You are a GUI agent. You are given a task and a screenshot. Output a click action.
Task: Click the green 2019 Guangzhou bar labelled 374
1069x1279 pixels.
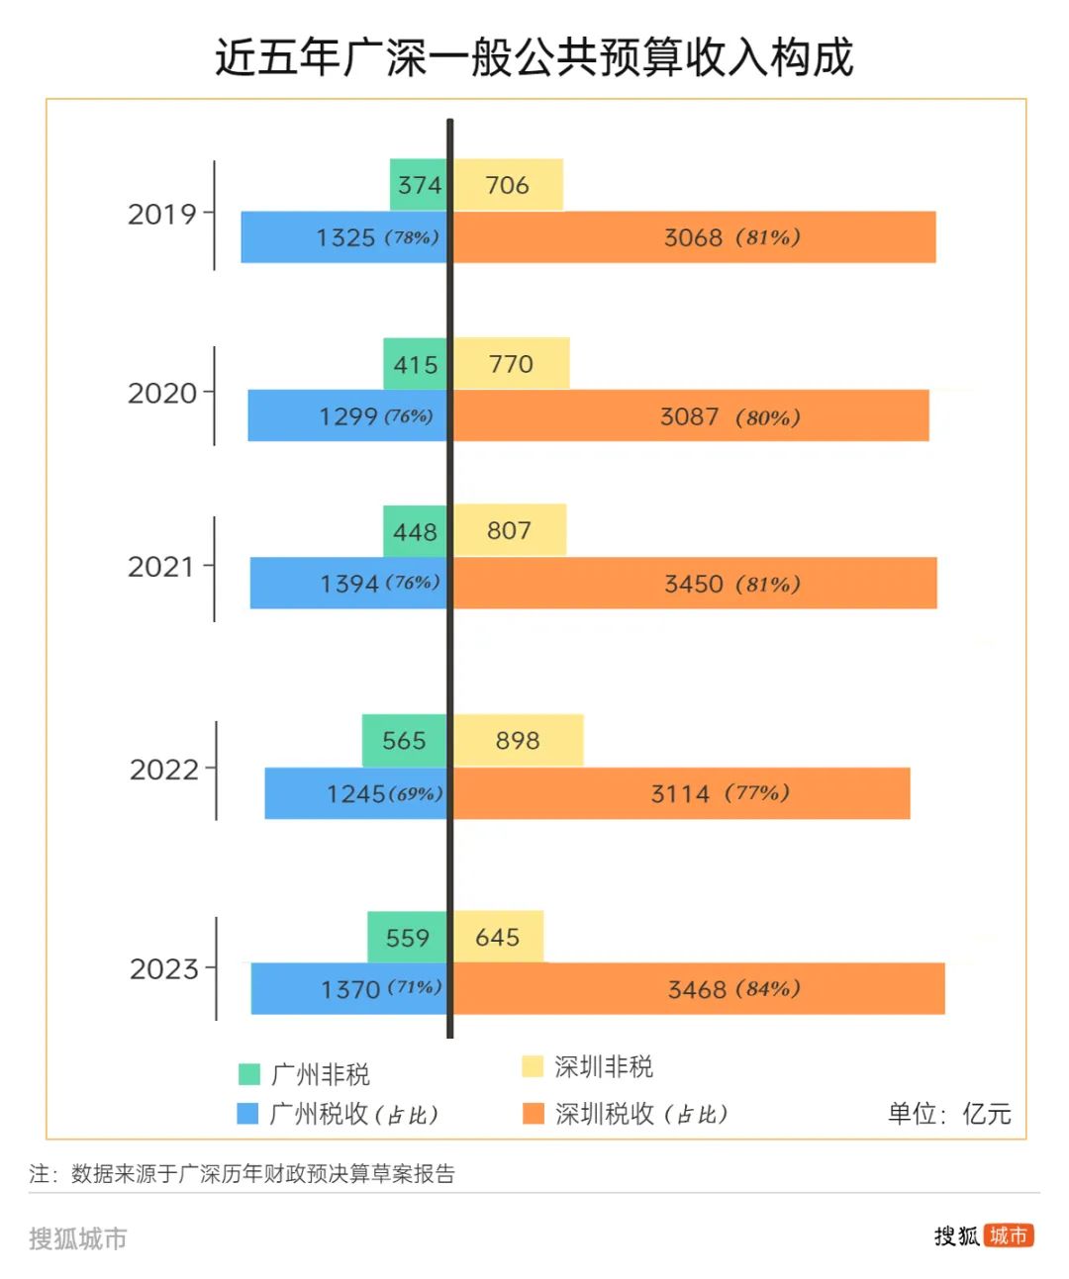419,185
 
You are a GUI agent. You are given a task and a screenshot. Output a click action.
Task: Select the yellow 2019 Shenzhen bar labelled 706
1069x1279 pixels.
508,185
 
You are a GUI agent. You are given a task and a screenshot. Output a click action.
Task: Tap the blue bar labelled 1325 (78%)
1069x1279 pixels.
344,237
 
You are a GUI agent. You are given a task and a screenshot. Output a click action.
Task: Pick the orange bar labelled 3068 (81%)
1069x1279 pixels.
694,237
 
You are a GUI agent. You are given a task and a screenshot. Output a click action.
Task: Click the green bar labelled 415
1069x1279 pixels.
416,364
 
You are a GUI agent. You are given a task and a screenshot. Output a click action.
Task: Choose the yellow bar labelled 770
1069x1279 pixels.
511,364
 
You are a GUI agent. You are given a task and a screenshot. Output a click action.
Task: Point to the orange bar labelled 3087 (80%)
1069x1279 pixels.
691,416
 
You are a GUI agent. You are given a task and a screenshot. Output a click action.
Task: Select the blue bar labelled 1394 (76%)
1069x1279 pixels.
348,584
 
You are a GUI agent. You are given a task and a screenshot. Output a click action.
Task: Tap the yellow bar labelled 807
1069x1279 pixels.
509,530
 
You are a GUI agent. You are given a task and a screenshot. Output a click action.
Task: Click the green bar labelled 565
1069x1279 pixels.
405,741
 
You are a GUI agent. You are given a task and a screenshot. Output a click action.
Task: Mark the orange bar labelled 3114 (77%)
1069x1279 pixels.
681,793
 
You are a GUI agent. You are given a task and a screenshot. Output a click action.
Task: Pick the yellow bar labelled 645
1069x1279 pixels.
498,937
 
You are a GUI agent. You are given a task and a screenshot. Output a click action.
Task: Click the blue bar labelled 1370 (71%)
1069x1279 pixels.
349,988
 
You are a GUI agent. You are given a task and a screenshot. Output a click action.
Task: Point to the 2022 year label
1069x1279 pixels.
164,770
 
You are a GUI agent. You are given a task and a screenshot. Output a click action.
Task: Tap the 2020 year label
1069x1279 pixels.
162,394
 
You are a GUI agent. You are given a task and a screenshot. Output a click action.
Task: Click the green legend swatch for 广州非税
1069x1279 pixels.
249,1074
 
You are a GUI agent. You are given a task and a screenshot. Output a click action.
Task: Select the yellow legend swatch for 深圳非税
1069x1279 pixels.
533,1066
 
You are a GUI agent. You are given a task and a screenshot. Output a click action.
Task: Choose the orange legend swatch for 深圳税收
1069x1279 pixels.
534,1114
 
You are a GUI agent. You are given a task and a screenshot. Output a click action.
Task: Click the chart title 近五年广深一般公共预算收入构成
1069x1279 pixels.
534,57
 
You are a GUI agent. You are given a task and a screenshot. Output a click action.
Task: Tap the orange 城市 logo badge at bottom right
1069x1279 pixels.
1009,1235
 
